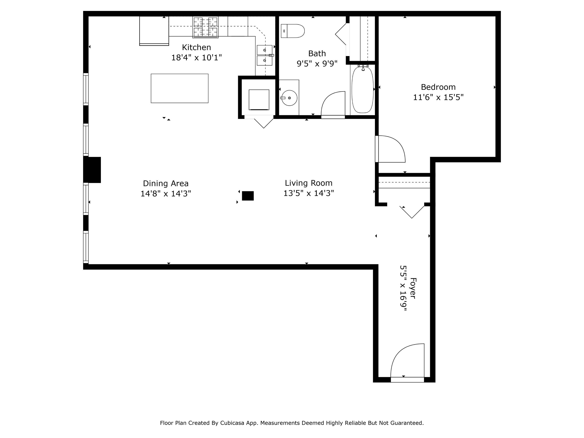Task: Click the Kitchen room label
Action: point(196,47)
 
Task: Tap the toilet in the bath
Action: point(293,31)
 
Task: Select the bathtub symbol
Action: point(362,90)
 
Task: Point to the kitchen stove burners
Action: point(205,27)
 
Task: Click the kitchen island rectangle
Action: point(179,88)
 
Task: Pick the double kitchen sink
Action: point(265,55)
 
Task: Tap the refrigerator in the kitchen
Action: point(154,30)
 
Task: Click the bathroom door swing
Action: point(333,104)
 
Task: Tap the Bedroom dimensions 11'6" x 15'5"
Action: point(438,97)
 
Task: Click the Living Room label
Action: point(308,183)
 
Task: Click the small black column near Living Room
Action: point(248,196)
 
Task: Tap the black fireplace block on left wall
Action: point(92,170)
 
